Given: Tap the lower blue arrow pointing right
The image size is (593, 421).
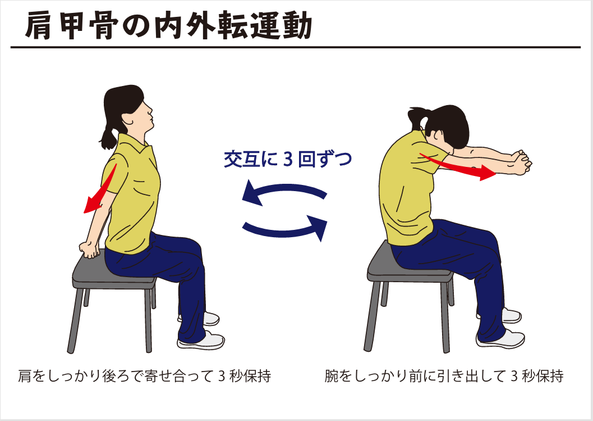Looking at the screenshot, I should [286, 227].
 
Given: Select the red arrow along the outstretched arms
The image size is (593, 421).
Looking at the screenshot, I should [457, 165].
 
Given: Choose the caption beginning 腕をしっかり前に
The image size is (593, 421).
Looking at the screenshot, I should [444, 376].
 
